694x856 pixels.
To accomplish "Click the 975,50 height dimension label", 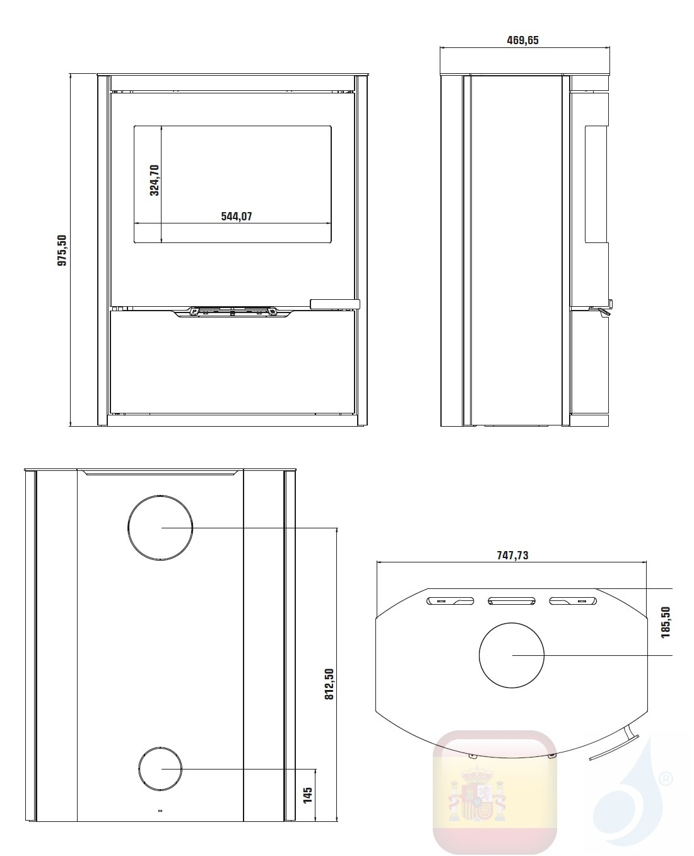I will point(62,251).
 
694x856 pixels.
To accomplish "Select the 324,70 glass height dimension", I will point(155,180).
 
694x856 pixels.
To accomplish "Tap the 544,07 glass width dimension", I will point(237,216).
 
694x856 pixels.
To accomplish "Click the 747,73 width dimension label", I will point(512,556).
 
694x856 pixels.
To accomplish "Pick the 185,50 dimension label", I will point(666,622).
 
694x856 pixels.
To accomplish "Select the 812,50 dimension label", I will point(329,685).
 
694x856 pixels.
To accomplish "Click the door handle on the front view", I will point(334,304).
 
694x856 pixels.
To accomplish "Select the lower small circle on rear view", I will point(160,769).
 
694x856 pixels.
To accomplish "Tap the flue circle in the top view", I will point(512,655).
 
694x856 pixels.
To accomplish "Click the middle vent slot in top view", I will point(512,600).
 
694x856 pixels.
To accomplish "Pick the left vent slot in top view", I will point(450,600).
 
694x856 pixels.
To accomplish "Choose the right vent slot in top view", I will point(573,600).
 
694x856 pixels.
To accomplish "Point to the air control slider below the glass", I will point(233,311).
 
